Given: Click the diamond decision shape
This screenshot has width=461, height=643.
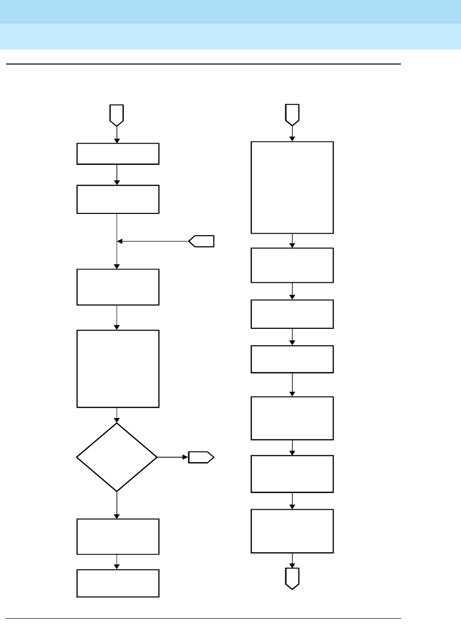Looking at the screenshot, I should [x=117, y=457].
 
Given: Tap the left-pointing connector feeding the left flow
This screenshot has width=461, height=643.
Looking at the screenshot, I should [x=201, y=241].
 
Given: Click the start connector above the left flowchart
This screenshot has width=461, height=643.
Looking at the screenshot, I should [x=117, y=114].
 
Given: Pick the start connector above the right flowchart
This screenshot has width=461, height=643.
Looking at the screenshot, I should [x=292, y=114].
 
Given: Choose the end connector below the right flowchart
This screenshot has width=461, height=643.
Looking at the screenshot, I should [x=292, y=578].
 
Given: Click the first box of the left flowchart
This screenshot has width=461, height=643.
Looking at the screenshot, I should [x=118, y=154].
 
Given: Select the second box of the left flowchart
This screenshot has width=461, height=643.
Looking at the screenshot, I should [x=118, y=199].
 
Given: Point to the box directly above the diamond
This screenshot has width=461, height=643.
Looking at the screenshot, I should [x=118, y=369].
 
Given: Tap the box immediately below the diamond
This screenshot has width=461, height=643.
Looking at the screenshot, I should [x=118, y=536].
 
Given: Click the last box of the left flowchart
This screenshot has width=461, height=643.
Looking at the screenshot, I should [x=118, y=583].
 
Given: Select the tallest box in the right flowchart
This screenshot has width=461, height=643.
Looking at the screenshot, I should [x=292, y=187].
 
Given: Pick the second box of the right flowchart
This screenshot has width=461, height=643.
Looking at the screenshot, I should [x=292, y=265].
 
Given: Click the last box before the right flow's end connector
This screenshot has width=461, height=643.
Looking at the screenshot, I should [x=292, y=531].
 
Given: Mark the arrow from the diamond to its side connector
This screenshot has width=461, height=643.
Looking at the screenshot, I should [x=172, y=457].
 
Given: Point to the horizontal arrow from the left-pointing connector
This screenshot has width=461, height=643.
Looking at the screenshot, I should [x=153, y=241].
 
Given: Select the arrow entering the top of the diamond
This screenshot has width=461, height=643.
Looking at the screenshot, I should [x=117, y=415].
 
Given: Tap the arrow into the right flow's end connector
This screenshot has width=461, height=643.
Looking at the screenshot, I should [x=292, y=560].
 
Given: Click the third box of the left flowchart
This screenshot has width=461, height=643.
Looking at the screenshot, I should [x=118, y=287].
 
